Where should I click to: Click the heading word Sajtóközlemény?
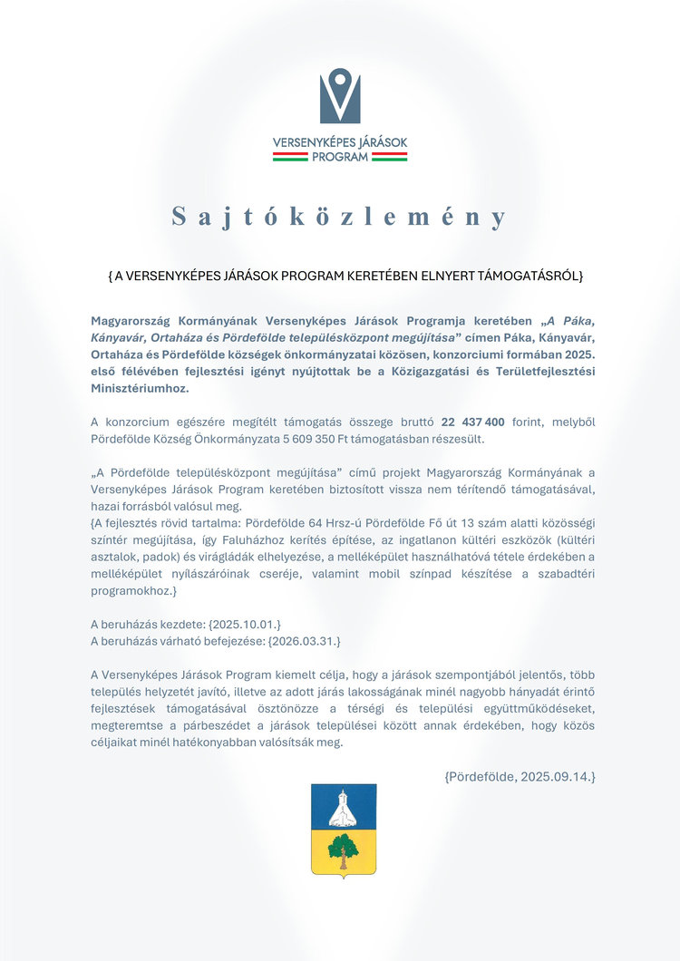click(340, 218)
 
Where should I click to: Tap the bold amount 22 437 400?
click(472, 422)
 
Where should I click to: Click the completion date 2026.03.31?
click(304, 641)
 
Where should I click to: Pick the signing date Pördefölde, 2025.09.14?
click(520, 776)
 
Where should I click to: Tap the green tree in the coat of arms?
click(343, 850)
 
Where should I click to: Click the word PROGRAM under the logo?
click(340, 157)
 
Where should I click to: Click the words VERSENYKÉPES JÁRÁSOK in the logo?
click(340, 142)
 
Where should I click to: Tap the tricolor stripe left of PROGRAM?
click(290, 157)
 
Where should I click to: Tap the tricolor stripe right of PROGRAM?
click(390, 157)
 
